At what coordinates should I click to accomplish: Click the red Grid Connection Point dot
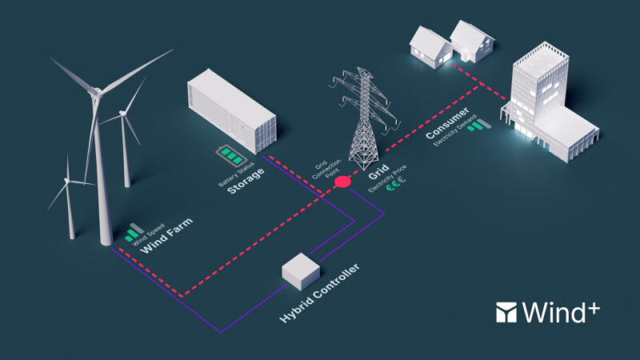tap(342, 182)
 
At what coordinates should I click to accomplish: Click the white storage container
tap(230, 112)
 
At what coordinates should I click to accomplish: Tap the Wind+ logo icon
tap(507, 311)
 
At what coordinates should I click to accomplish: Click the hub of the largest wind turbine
tap(97, 91)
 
